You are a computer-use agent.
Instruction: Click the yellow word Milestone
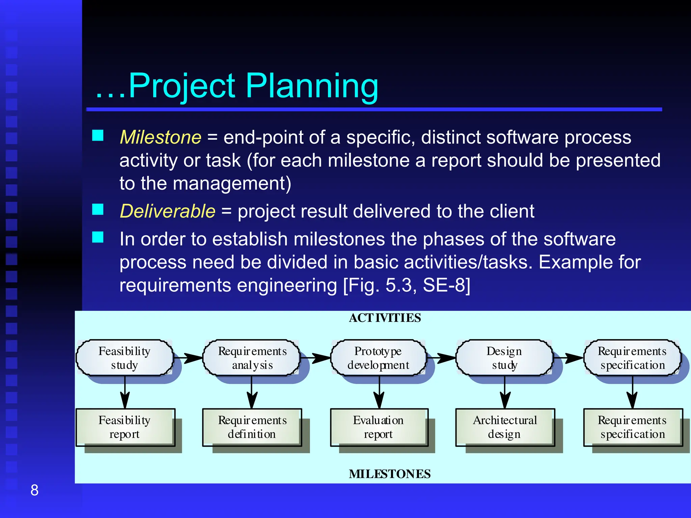point(161,138)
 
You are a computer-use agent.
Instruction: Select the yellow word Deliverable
point(168,211)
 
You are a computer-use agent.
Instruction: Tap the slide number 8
point(34,490)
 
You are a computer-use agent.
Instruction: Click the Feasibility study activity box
point(125,358)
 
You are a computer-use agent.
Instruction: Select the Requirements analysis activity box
point(252,358)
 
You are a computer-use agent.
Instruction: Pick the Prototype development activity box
point(378,358)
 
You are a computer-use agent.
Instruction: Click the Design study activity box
point(504,358)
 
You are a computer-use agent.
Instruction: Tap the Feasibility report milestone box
point(125,427)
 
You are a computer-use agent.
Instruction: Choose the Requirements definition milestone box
point(252,427)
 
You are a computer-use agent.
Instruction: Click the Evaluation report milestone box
point(379,427)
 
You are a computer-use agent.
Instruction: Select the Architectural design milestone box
point(505,427)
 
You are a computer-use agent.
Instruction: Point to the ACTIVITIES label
point(385,318)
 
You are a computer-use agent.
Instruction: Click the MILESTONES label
point(390,474)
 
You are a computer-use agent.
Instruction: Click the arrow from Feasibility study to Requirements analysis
point(189,358)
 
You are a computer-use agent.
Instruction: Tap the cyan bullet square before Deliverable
point(98,209)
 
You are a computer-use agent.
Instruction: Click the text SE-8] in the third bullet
point(446,285)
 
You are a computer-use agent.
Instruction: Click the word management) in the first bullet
point(232,184)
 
